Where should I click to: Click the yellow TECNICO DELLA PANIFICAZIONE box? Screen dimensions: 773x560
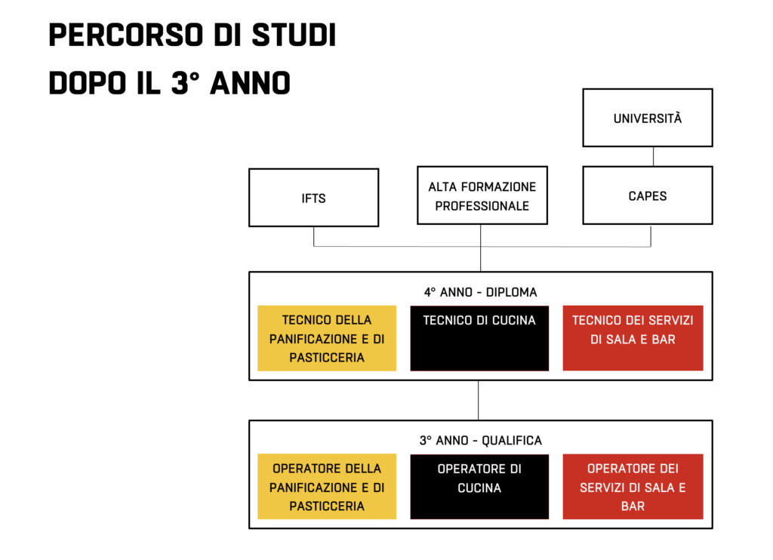click(x=327, y=338)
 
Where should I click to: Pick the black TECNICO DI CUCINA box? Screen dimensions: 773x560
click(x=479, y=338)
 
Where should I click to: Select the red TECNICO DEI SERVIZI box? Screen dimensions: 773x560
click(x=633, y=338)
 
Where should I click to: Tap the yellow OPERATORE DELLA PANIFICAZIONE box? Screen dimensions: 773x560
click(x=327, y=487)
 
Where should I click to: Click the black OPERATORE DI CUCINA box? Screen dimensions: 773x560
click(x=479, y=487)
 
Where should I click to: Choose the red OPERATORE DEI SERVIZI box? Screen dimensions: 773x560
click(x=633, y=487)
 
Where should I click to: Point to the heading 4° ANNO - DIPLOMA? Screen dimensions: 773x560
click(x=481, y=292)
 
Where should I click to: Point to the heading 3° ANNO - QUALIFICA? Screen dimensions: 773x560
click(x=481, y=440)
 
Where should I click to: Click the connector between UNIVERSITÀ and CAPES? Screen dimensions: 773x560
click(x=653, y=157)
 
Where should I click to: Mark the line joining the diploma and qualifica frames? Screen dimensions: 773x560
click(x=478, y=400)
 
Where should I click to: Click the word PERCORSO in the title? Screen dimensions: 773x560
click(x=126, y=35)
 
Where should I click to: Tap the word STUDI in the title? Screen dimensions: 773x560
click(x=294, y=35)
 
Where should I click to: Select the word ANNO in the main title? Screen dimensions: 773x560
click(x=250, y=82)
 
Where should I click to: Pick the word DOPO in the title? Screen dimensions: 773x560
click(x=88, y=82)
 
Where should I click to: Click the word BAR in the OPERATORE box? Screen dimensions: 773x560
click(x=633, y=506)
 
